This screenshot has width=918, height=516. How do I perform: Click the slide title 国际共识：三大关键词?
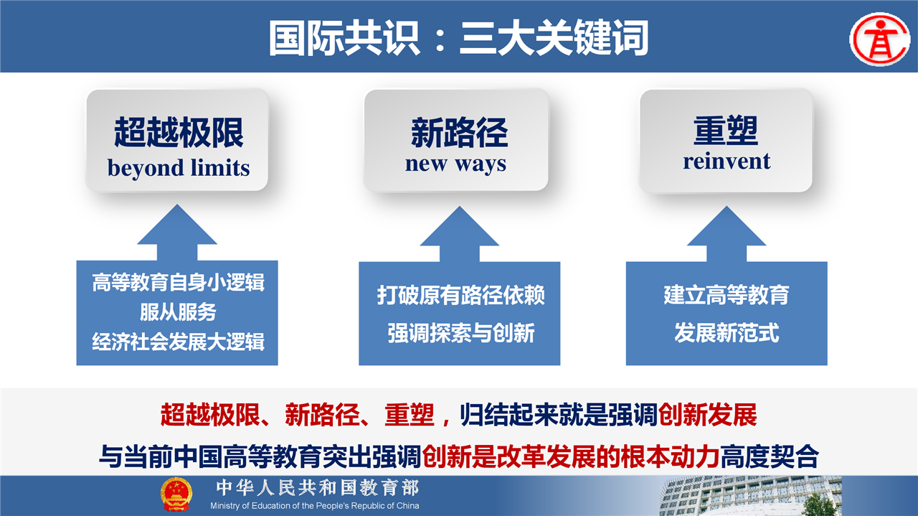click(459, 38)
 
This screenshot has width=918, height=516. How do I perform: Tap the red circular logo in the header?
click(880, 39)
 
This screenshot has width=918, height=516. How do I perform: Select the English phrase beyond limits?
click(179, 168)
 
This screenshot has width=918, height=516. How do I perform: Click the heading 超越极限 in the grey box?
click(179, 132)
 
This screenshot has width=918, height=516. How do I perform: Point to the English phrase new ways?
click(455, 164)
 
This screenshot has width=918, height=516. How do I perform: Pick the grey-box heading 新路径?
click(460, 133)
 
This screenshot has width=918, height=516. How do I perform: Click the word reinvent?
click(727, 161)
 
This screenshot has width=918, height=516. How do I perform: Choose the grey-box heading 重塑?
click(726, 131)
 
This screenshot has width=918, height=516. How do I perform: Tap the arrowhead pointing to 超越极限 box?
click(177, 225)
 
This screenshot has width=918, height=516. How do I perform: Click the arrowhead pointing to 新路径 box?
click(460, 226)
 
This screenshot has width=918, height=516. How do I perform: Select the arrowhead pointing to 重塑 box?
click(727, 226)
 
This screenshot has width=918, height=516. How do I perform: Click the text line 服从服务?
click(178, 312)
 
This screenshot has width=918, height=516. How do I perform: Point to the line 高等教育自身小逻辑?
click(178, 282)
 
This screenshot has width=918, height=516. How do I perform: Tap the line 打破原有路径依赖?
click(460, 295)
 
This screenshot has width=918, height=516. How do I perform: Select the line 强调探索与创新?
click(460, 333)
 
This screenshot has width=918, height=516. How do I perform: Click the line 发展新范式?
click(727, 333)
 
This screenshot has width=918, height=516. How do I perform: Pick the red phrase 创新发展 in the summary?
click(707, 415)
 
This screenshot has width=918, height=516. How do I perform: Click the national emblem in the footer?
click(176, 494)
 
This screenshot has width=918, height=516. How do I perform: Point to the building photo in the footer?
click(750, 496)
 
